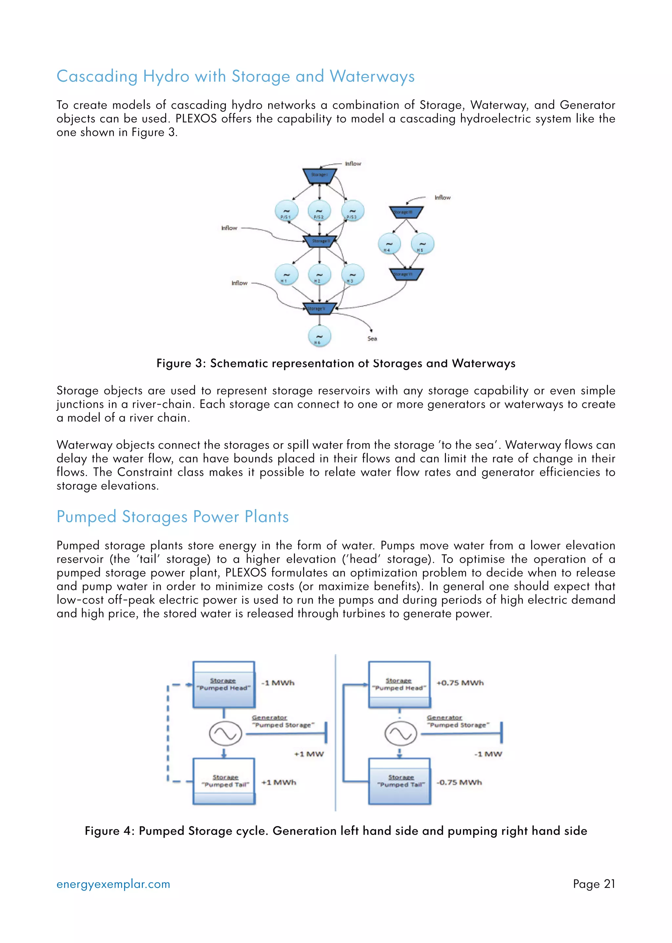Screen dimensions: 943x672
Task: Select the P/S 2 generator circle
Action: pyautogui.click(x=319, y=211)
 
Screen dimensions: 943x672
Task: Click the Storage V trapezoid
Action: pyautogui.click(x=319, y=309)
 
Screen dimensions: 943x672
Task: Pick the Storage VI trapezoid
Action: pyautogui.click(x=406, y=274)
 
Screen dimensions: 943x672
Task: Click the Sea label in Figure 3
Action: pyautogui.click(x=372, y=339)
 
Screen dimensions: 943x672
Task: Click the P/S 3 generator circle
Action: pyautogui.click(x=352, y=211)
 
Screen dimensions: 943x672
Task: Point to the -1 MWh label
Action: pyautogui.click(x=278, y=683)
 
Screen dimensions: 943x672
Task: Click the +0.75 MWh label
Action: pyautogui.click(x=460, y=683)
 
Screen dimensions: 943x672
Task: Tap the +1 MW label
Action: pyautogui.click(x=309, y=754)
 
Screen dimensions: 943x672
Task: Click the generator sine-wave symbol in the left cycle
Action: pyautogui.click(x=225, y=734)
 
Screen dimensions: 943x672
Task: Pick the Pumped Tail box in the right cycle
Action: pyautogui.click(x=400, y=781)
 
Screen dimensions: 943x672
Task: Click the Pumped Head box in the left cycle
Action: pyautogui.click(x=224, y=684)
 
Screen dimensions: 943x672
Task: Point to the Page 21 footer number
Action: pyautogui.click(x=594, y=884)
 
